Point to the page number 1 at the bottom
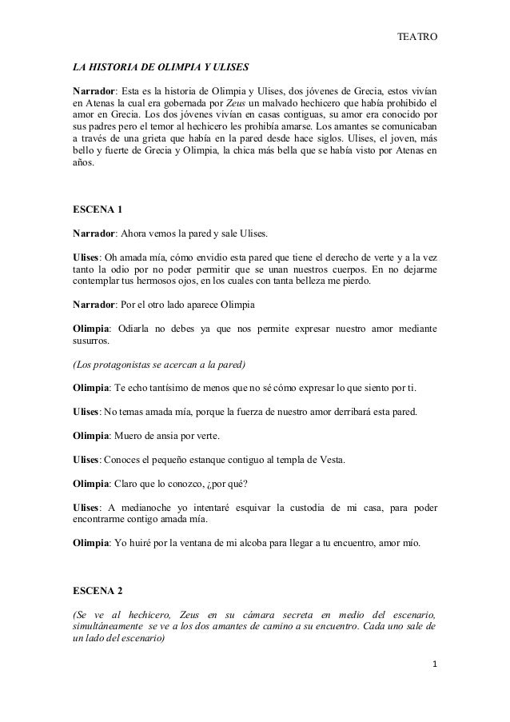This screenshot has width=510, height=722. (432, 686)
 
